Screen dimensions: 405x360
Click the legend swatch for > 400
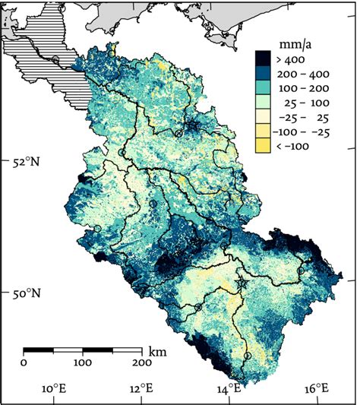267,57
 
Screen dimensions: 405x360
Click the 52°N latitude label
24,162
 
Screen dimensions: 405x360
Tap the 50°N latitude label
24,293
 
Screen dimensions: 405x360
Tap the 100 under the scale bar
82,362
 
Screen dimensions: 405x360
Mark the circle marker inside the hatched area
55,60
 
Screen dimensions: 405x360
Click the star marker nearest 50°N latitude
242,283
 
